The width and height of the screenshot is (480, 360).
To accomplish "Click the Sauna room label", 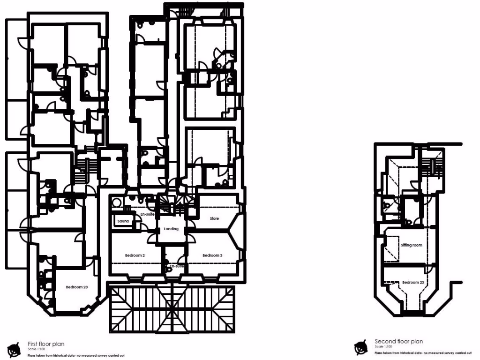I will click(123, 221).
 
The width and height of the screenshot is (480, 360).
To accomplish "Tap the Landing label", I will click(171, 229).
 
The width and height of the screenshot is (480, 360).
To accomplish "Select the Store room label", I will click(214, 218).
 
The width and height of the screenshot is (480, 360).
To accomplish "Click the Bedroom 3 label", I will click(212, 255).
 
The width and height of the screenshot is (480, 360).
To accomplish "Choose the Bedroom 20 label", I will click(77, 287).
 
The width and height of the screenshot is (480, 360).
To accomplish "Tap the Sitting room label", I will click(412, 245).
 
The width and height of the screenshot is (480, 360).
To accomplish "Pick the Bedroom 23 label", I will click(413, 282).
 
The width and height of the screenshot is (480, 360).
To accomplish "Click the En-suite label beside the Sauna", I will click(148, 214).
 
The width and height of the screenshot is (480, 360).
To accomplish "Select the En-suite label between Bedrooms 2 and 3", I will click(176, 266).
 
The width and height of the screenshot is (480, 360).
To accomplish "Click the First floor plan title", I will click(46, 344).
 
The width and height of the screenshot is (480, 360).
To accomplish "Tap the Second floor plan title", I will click(399, 342).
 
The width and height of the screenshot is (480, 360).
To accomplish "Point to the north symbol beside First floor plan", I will click(15, 348).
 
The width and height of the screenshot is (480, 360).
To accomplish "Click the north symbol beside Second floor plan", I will click(360, 347).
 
